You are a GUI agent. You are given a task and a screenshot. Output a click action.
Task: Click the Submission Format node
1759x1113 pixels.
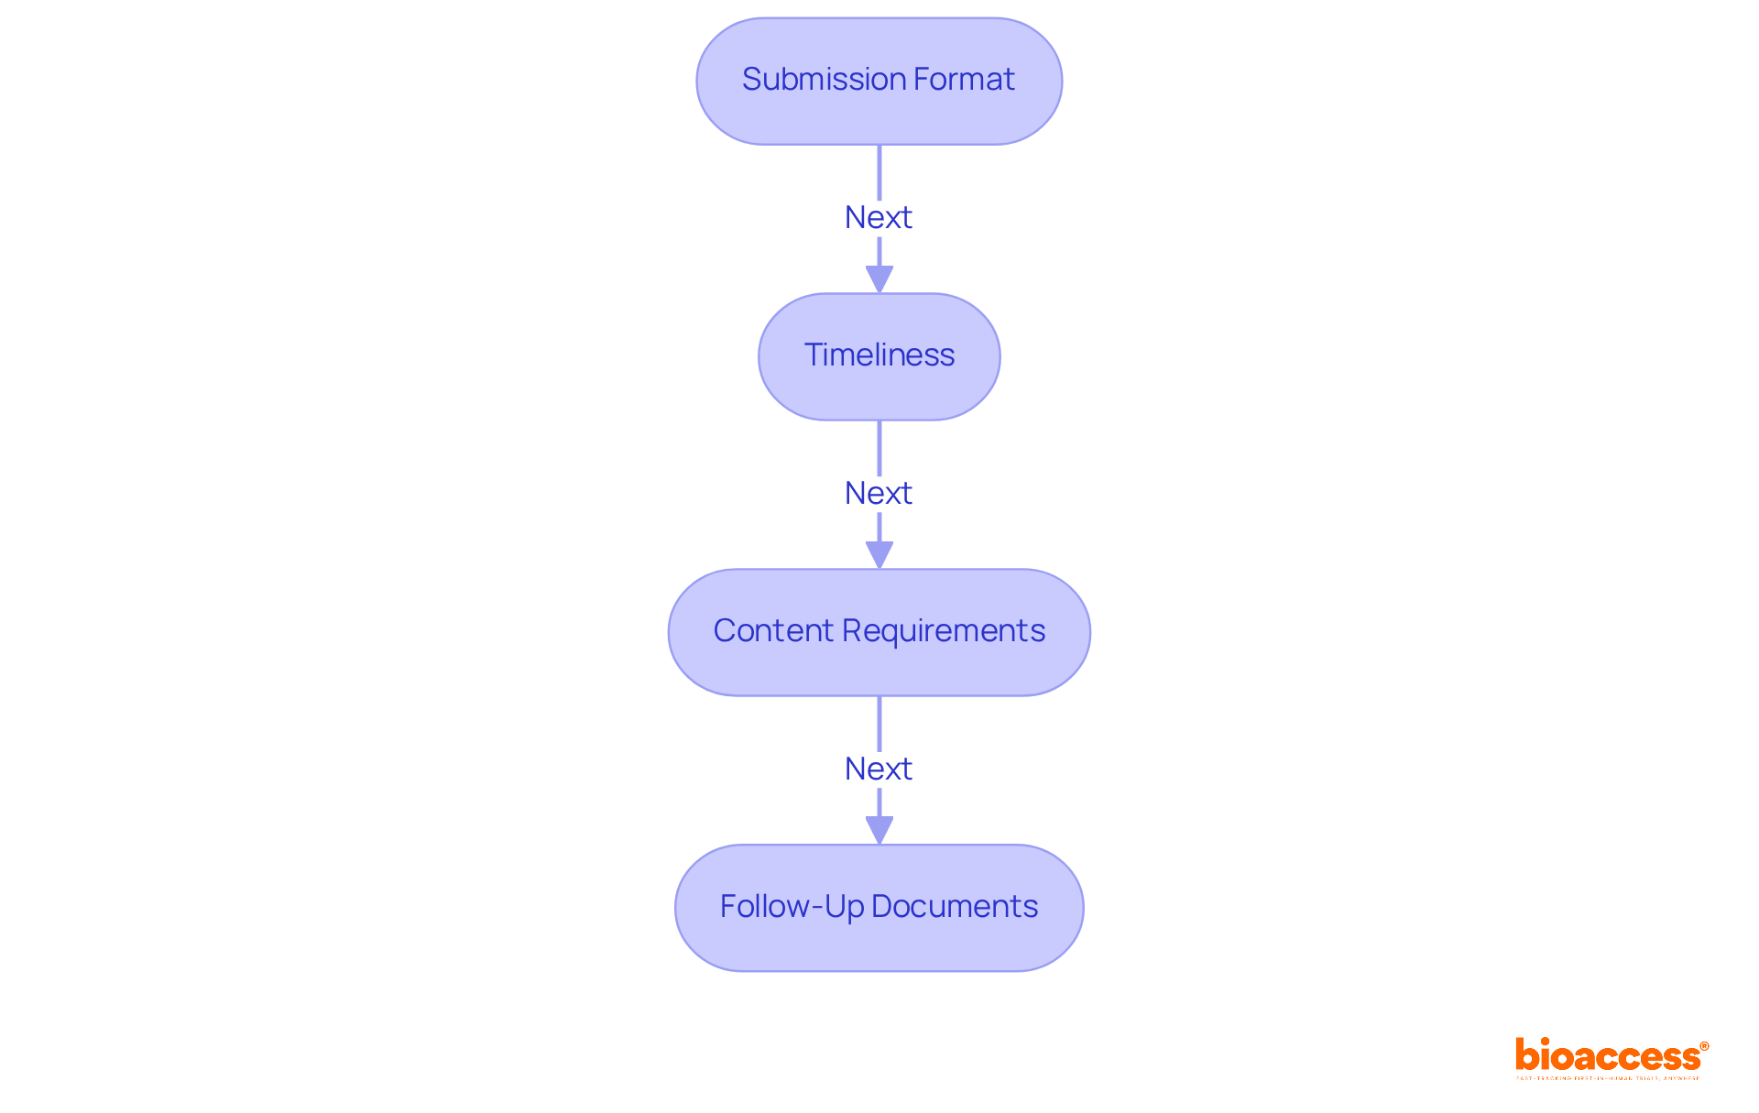coord(879,81)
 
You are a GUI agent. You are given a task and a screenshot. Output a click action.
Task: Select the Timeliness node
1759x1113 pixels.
coord(879,355)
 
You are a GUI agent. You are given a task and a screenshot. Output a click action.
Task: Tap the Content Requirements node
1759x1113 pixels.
coord(879,631)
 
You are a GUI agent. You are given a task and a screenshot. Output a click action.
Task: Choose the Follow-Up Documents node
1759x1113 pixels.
coord(879,907)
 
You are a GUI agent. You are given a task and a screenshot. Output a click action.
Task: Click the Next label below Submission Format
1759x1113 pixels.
coord(878,218)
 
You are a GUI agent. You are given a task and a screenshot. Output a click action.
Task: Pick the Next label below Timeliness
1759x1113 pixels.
coord(878,494)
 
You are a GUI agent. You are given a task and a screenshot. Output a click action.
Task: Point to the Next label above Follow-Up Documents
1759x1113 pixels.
coord(878,769)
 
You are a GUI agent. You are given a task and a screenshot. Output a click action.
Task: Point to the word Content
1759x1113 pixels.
coord(773,631)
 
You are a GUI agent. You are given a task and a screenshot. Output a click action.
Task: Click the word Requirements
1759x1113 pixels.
coord(944,631)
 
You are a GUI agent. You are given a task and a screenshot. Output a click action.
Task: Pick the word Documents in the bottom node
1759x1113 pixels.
coord(955,907)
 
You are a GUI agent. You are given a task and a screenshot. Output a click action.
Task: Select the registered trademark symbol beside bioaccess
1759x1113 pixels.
coord(1704,1046)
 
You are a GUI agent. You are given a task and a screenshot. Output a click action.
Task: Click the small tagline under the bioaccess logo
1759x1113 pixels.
coord(1607,1079)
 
